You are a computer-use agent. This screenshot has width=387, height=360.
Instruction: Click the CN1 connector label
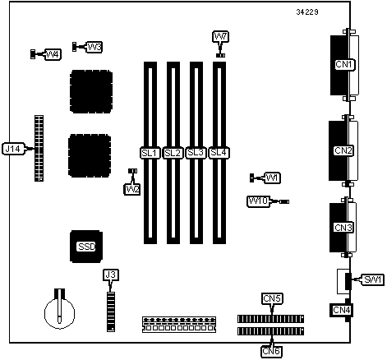point(345,64)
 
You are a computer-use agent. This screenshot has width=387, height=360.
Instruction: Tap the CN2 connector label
point(343,150)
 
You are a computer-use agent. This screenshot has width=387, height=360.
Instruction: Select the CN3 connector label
point(343,228)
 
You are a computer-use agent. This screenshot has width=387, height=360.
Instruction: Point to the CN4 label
point(342,310)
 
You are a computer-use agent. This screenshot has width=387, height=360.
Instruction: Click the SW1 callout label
point(373,279)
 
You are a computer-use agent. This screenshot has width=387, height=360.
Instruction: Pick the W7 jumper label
point(220,36)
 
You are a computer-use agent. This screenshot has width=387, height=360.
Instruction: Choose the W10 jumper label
point(259,201)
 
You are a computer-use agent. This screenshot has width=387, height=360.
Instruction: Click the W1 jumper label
point(272,178)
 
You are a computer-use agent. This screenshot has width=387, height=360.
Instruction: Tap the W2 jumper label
point(132,189)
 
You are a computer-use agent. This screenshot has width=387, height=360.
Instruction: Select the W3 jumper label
point(94,48)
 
